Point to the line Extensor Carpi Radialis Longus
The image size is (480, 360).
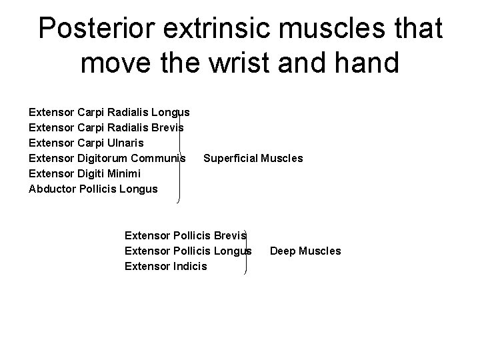[x=109, y=112]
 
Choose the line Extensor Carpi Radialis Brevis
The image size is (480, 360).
[x=107, y=127]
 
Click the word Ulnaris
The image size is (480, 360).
[x=123, y=143]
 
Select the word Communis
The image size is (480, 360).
[x=159, y=158]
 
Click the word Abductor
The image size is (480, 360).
[x=52, y=189]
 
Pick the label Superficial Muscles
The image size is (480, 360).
[x=253, y=158]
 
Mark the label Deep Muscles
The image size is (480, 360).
[x=305, y=251]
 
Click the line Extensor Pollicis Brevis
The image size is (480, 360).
[x=185, y=235]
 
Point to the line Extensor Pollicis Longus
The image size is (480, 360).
[x=188, y=251]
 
